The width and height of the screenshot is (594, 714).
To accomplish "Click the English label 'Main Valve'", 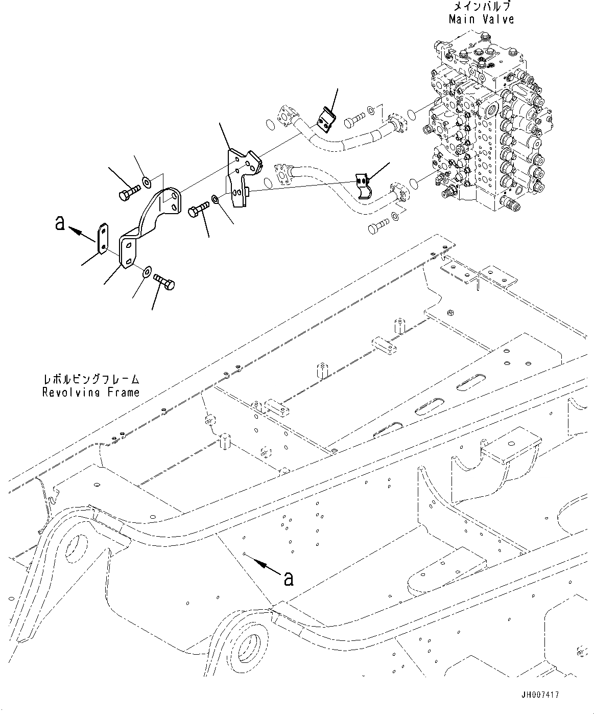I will pos(481,19).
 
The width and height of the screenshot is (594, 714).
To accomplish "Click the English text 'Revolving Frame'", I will pos(91,393).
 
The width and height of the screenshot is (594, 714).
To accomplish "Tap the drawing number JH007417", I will pos(540,695).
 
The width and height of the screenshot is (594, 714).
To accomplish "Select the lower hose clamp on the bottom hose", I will pos(363,185).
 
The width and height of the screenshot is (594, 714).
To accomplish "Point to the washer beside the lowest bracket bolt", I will pos(147,270).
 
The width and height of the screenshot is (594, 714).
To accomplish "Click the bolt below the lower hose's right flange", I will pos(378,226).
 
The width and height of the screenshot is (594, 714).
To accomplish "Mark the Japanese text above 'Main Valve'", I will pos(482,7).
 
